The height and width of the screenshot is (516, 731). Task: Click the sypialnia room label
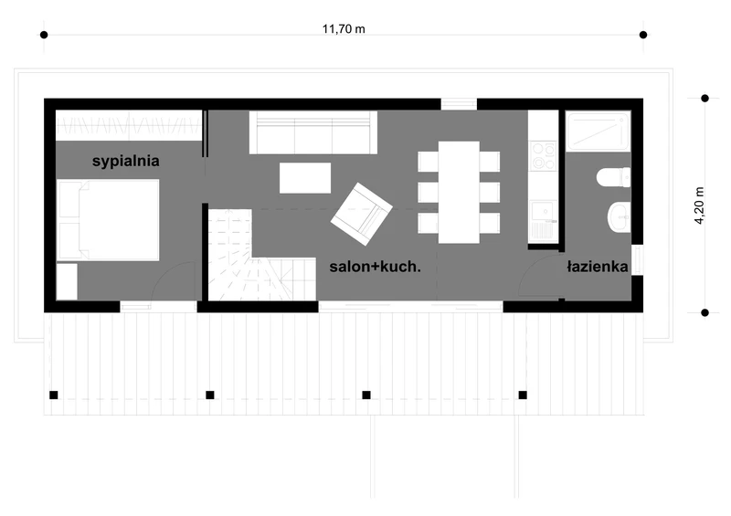click(x=125, y=162)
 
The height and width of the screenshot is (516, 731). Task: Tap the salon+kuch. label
click(x=375, y=267)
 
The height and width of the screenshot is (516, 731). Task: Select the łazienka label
click(x=598, y=267)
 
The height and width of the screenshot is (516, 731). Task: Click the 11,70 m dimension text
click(x=344, y=29)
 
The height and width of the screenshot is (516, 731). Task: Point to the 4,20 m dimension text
click(x=699, y=205)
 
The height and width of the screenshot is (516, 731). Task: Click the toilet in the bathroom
click(x=613, y=177)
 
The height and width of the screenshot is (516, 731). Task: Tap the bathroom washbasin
click(x=620, y=216)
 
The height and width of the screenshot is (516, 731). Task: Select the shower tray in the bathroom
click(x=599, y=131)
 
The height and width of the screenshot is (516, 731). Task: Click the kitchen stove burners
click(x=543, y=155)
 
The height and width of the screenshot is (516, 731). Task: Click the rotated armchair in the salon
click(x=361, y=214)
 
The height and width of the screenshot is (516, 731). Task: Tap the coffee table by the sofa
click(x=305, y=177)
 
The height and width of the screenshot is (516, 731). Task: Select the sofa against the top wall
click(x=313, y=132)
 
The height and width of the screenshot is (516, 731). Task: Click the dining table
click(x=459, y=192)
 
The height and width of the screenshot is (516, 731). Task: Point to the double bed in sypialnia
click(x=108, y=220)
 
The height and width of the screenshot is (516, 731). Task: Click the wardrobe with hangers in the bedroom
click(x=129, y=125)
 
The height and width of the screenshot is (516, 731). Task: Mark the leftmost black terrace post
click(x=54, y=395)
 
